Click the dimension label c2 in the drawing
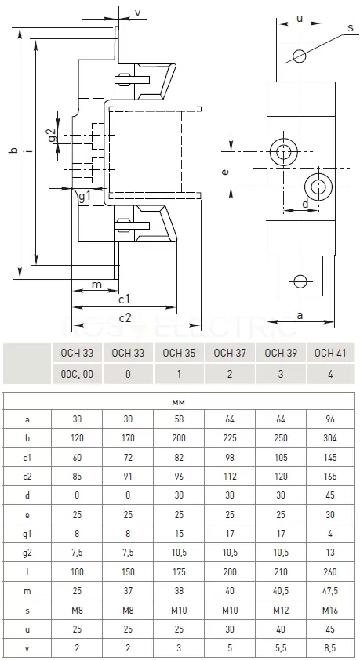click(125, 317)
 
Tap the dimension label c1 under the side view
click(124, 299)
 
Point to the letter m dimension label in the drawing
click(96, 285)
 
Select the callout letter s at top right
click(351, 27)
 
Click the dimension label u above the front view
click(300, 18)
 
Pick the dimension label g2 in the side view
click(52, 135)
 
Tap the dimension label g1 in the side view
click(85, 197)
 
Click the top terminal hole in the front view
click(300, 55)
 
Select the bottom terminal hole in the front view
click(300, 281)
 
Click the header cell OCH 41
click(330, 353)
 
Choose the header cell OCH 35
click(179, 353)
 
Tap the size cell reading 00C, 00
click(77, 374)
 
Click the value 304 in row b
click(330, 438)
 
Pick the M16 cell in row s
click(330, 610)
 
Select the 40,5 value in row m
click(281, 591)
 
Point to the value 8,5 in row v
click(330, 648)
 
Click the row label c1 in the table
click(27, 458)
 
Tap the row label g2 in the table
click(27, 553)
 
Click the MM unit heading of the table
click(179, 403)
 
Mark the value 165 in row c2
click(330, 477)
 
